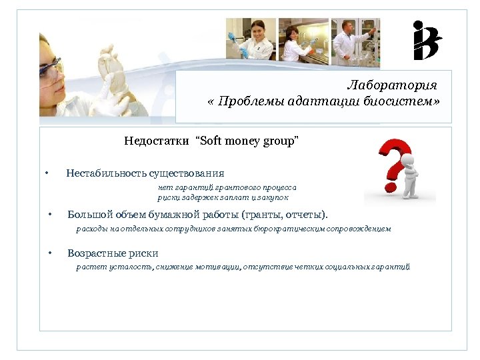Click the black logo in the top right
[x=427, y=40]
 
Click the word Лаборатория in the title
[x=392, y=85]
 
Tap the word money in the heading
[x=244, y=141]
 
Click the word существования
[x=186, y=173]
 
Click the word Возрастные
[x=94, y=253]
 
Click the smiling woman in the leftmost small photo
[x=251, y=39]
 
